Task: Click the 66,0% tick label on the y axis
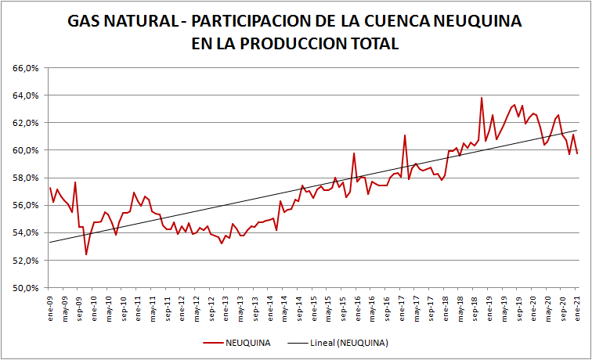pos(26,68)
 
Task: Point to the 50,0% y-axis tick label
pos(26,288)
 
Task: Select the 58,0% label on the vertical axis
pos(26,178)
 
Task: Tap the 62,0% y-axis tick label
pos(26,123)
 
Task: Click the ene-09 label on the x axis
pos(51,308)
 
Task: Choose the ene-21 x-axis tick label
pos(577,308)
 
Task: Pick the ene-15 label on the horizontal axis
pos(314,308)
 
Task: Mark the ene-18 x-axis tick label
pos(446,308)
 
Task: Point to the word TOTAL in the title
pos(373,44)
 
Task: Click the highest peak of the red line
pos(482,98)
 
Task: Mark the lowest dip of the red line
pos(86,254)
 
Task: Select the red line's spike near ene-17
pos(405,135)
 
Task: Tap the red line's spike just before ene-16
pos(354,153)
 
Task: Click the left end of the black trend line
pos(49,243)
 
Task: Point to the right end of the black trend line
pos(577,131)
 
